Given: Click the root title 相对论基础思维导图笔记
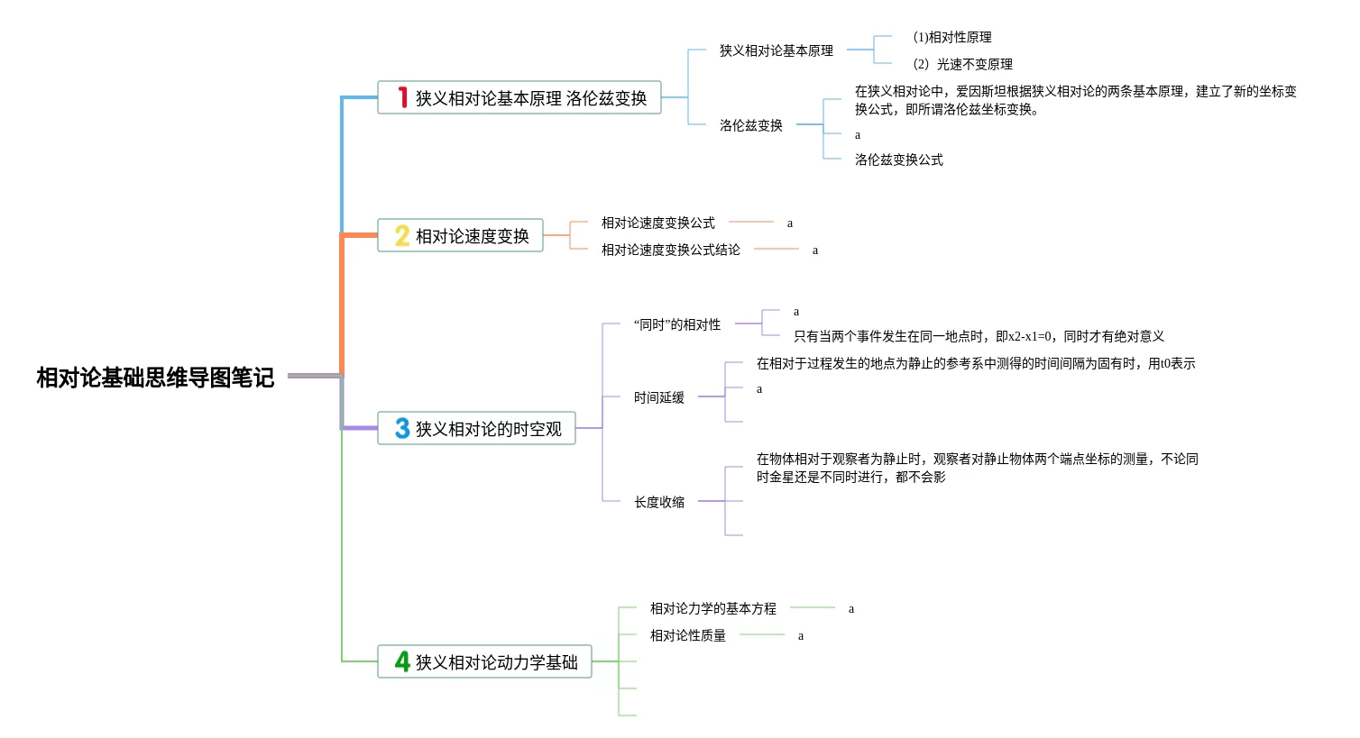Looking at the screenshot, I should [155, 378].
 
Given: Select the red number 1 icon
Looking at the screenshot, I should [403, 97].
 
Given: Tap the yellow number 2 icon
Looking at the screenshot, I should [402, 236].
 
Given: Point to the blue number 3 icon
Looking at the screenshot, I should [402, 429].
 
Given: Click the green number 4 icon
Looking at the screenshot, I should [402, 661].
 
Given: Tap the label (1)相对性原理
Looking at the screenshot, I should [951, 37].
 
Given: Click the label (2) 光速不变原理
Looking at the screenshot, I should [962, 64].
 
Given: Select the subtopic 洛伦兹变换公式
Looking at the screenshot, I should [898, 159].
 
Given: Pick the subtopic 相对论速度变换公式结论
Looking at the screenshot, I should [670, 250].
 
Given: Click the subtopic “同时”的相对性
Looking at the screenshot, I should [676, 324].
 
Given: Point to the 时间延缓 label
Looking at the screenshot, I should [658, 397].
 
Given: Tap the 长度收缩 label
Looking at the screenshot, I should [658, 502].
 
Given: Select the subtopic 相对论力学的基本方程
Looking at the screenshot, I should [712, 608].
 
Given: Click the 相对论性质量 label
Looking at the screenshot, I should [687, 635].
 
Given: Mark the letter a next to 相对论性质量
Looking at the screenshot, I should [801, 636].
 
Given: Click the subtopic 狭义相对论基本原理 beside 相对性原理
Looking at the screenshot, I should [776, 50].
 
